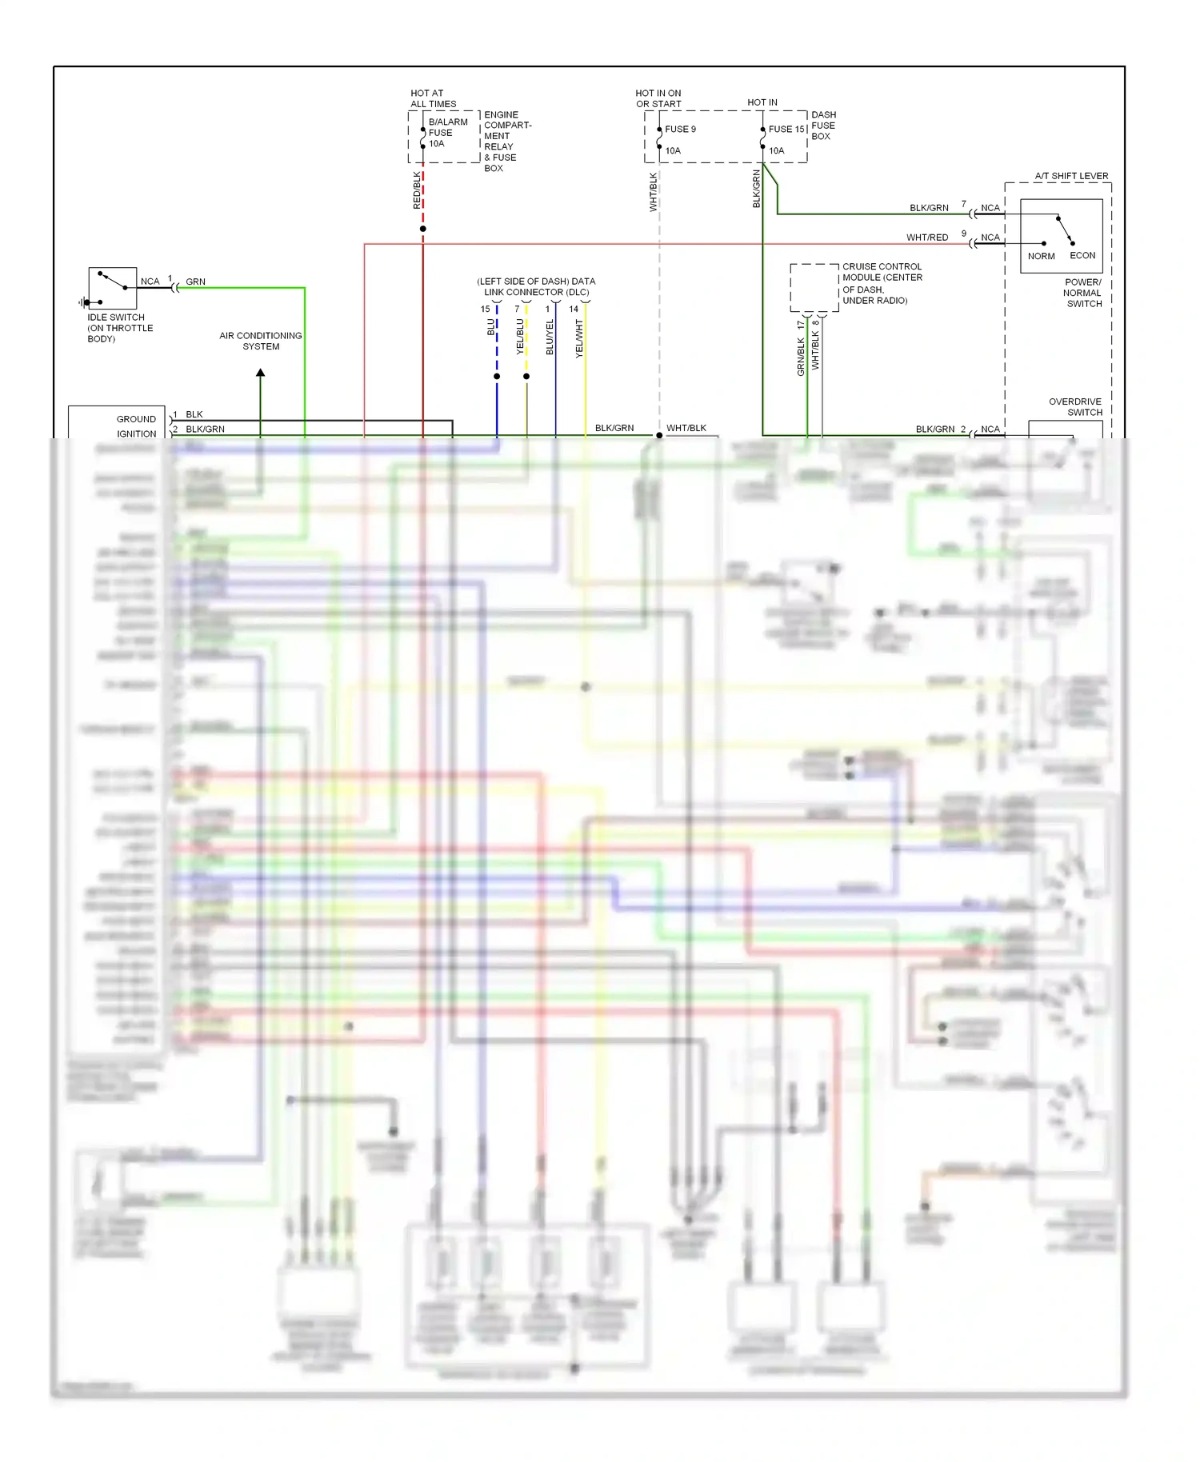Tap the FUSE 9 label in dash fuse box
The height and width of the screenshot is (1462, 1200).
coord(680,130)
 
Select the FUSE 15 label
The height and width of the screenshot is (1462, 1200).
coord(786,130)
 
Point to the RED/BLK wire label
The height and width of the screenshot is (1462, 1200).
coord(417,190)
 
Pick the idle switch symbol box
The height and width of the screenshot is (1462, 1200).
coord(113,288)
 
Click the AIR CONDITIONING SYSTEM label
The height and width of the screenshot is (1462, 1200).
coord(261,342)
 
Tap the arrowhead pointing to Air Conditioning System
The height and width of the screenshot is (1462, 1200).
coord(261,373)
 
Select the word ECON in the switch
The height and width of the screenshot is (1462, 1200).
coord(1082,256)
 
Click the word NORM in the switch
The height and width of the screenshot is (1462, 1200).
coord(1041,257)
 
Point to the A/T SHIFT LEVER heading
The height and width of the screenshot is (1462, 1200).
coord(1071,176)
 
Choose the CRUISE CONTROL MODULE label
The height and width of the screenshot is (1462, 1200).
coord(882,283)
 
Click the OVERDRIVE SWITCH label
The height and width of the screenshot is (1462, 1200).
coord(1075,407)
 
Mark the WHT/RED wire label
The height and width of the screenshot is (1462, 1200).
coord(926,238)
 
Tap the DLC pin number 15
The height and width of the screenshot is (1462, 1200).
coord(485,310)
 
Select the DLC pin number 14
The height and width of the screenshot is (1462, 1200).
coord(574,310)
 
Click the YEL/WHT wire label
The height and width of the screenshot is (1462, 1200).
coord(580,338)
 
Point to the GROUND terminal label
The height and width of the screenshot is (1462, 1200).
coord(136,419)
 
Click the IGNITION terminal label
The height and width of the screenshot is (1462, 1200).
coord(136,434)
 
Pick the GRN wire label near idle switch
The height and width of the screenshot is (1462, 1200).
coord(195,282)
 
